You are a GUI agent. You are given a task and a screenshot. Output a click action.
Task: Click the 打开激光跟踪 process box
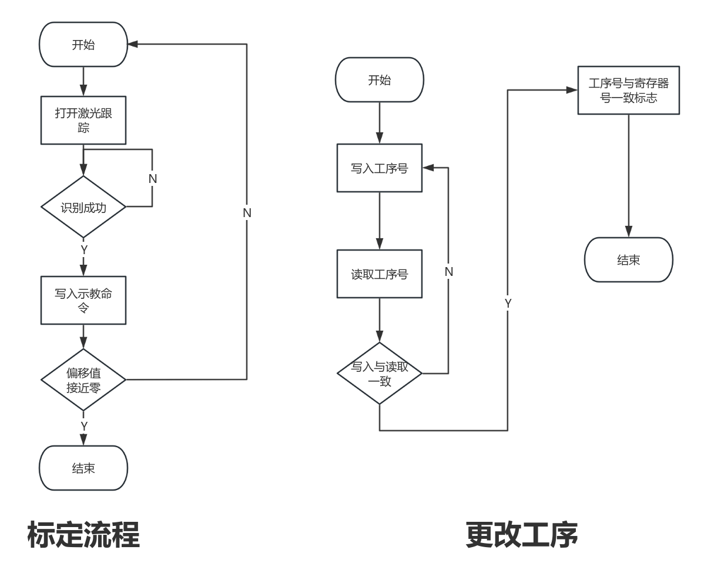pyautogui.click(x=83, y=120)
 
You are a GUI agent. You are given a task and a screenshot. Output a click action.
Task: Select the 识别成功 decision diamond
pyautogui.click(x=83, y=207)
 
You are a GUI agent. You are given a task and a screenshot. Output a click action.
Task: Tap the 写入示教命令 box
pyautogui.click(x=83, y=300)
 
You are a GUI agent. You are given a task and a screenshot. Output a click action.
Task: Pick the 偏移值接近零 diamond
pyautogui.click(x=83, y=380)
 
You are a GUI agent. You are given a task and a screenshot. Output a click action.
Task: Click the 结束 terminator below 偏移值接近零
pyautogui.click(x=83, y=468)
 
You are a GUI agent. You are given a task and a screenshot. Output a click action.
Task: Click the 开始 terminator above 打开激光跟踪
pyautogui.click(x=83, y=45)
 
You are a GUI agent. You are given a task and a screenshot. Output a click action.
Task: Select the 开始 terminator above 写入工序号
pyautogui.click(x=380, y=80)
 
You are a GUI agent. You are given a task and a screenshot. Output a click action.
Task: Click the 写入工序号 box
pyautogui.click(x=380, y=168)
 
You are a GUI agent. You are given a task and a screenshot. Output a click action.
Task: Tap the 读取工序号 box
pyautogui.click(x=380, y=274)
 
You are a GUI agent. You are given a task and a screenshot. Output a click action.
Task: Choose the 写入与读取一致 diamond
pyautogui.click(x=380, y=374)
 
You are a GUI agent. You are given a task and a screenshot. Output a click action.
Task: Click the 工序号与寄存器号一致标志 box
pyautogui.click(x=629, y=91)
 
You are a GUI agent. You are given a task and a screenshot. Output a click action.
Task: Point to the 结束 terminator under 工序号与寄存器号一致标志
pyautogui.click(x=629, y=260)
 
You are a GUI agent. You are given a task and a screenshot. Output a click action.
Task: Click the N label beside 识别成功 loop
pyautogui.click(x=153, y=178)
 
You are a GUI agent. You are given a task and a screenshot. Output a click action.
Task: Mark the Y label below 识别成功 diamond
pyautogui.click(x=84, y=250)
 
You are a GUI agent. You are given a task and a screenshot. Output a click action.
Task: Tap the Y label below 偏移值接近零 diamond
pyautogui.click(x=84, y=425)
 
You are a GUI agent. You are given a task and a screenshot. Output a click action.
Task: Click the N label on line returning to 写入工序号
pyautogui.click(x=449, y=271)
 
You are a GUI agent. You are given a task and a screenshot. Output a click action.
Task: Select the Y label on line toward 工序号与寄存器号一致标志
pyautogui.click(x=508, y=303)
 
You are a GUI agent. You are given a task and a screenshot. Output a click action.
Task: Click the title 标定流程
pyautogui.click(x=83, y=535)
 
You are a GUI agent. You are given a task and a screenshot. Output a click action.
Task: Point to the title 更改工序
pyautogui.click(x=522, y=535)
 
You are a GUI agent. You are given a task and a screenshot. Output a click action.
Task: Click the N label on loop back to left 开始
pyautogui.click(x=247, y=212)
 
